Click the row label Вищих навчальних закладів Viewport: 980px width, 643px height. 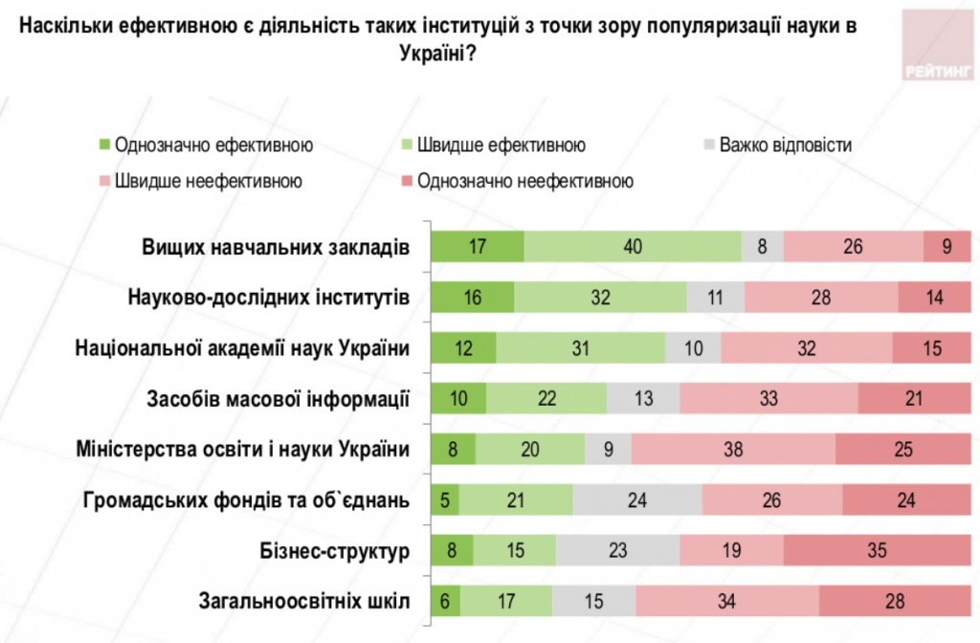276,247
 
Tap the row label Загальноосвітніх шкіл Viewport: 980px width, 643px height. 304,602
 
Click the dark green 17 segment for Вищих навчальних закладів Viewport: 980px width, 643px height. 478,247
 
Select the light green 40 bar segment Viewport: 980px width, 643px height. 633,247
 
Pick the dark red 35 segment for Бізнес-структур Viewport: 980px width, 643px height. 878,551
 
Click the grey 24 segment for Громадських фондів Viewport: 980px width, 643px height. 637,500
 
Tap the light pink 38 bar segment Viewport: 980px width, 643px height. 733,450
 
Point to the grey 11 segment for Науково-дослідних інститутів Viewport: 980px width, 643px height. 715,298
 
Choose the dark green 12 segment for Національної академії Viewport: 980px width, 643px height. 463,348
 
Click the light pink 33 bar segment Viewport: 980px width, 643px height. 768,399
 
